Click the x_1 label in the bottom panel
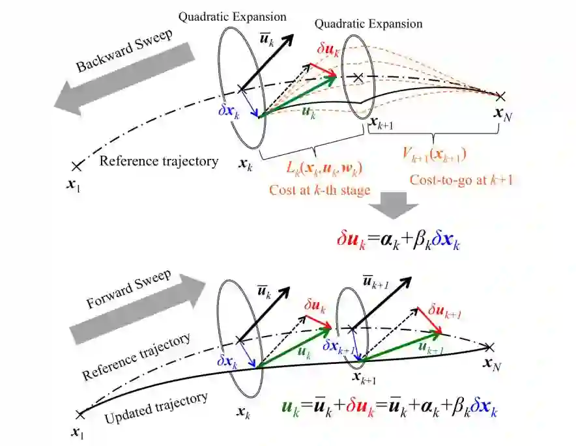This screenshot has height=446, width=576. coord(79,430)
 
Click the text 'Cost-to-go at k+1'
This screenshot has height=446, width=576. coord(460,180)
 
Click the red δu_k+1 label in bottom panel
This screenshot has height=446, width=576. coord(444,313)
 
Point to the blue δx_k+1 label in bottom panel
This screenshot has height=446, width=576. coord(339,347)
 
